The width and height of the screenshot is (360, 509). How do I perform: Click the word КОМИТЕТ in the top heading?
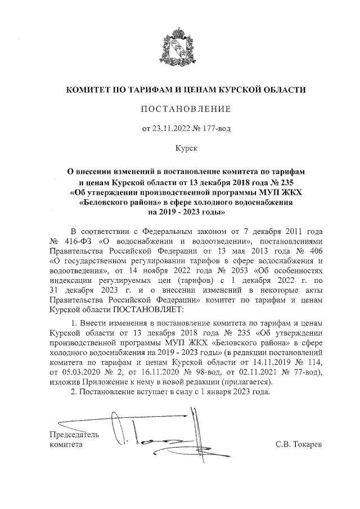click(91, 90)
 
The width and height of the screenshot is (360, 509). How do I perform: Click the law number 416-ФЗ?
click(75, 241)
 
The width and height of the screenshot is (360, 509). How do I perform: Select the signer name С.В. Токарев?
click(299, 444)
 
